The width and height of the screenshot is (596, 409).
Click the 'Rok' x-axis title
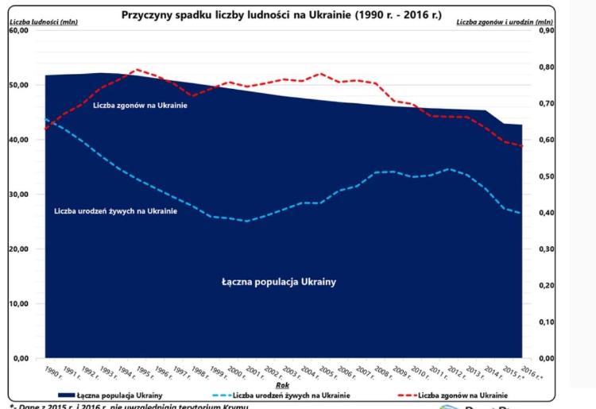click(282, 384)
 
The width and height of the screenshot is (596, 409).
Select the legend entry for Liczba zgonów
click(461, 395)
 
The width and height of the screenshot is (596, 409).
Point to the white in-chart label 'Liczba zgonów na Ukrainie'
click(140, 106)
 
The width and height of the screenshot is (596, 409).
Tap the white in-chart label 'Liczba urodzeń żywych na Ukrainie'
click(115, 211)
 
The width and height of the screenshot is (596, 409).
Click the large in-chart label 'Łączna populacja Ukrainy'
click(284, 282)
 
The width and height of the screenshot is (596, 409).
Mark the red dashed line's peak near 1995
click(137, 69)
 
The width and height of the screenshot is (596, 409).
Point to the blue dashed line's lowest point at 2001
click(247, 221)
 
